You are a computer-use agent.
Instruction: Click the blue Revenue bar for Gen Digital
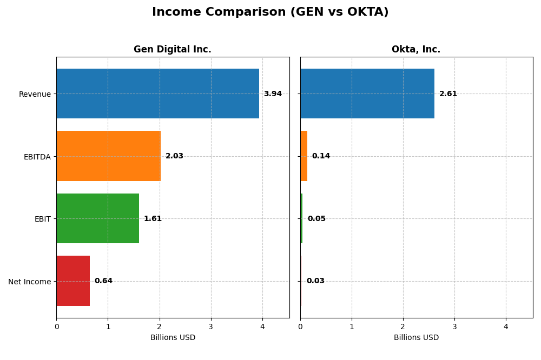click(x=157, y=94)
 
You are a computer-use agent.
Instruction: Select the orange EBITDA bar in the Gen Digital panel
click(x=108, y=156)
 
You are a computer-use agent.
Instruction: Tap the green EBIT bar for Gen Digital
click(x=97, y=218)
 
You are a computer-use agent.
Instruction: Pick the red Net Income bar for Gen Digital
click(x=73, y=281)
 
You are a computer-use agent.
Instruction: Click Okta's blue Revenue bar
click(x=367, y=94)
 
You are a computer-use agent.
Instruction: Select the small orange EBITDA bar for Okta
click(x=304, y=156)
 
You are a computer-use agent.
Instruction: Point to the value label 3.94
click(x=273, y=94)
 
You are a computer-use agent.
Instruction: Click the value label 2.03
click(x=174, y=156)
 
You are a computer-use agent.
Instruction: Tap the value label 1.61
click(x=153, y=219)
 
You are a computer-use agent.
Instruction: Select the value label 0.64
click(x=103, y=281)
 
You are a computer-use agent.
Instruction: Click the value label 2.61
click(x=448, y=94)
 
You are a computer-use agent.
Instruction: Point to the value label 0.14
click(x=321, y=156)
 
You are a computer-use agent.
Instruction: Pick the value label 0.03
click(x=315, y=281)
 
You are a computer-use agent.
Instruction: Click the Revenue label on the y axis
click(x=35, y=95)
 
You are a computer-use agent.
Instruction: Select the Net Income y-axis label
click(x=30, y=282)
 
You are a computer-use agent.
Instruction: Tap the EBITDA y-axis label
click(x=37, y=157)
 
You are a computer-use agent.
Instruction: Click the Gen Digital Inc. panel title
click(x=173, y=50)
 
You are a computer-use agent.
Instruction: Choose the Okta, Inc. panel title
click(x=416, y=50)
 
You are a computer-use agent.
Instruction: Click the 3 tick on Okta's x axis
click(x=454, y=326)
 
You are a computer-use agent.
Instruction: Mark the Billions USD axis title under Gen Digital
click(x=173, y=338)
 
